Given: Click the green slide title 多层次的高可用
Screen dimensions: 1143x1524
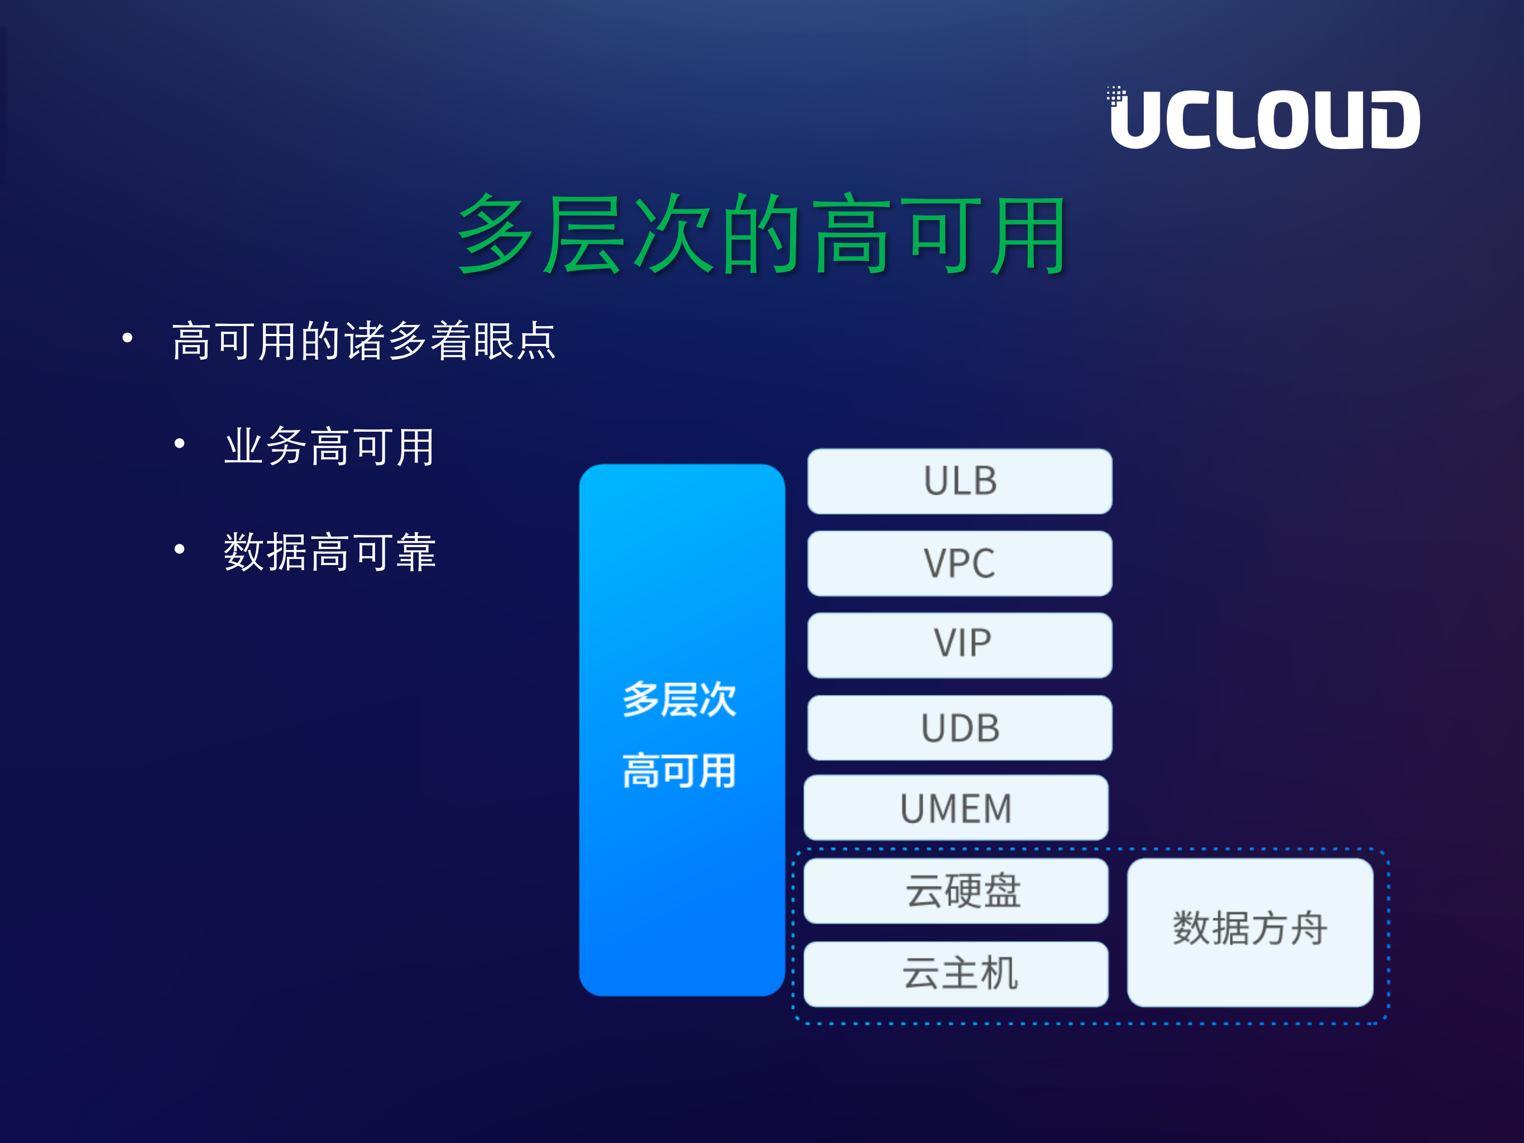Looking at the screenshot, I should click(762, 235).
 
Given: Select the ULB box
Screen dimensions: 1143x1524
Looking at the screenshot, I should click(960, 481).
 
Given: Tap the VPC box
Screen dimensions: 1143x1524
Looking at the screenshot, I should click(960, 563).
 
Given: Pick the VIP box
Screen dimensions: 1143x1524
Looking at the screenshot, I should click(960, 645).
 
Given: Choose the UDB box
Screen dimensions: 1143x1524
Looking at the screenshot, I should click(960, 728).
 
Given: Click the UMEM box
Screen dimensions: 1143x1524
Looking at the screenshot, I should click(956, 807).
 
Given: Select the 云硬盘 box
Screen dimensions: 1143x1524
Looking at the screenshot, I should click(956, 890).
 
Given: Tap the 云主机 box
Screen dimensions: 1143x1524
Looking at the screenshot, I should click(956, 973).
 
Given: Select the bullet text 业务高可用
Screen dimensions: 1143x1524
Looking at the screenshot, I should click(329, 447).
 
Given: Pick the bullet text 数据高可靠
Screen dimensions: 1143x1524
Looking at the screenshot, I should click(329, 552).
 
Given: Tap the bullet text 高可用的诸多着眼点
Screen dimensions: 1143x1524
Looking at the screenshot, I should click(364, 341).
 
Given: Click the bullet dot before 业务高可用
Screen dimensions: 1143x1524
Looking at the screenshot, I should click(180, 444).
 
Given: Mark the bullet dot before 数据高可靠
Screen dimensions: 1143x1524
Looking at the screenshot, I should click(180, 549).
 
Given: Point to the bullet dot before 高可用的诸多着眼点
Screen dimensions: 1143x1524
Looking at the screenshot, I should click(127, 338).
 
